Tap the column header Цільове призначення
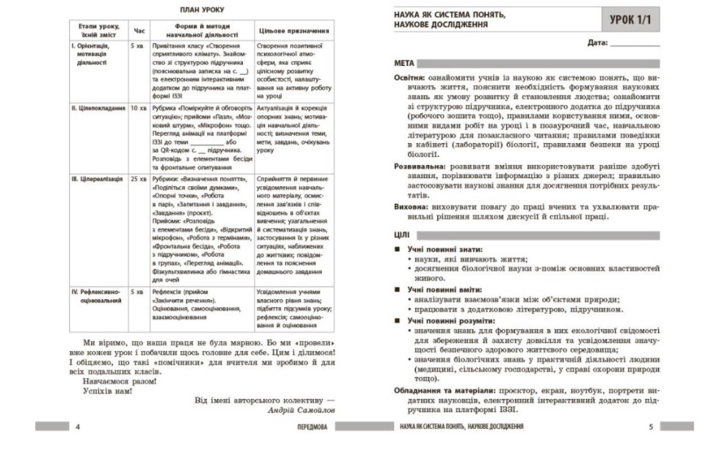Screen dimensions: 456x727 click(293, 32)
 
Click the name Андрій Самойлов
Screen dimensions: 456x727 click(301, 411)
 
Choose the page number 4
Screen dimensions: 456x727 click(78, 426)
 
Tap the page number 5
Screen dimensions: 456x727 click(651, 426)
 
